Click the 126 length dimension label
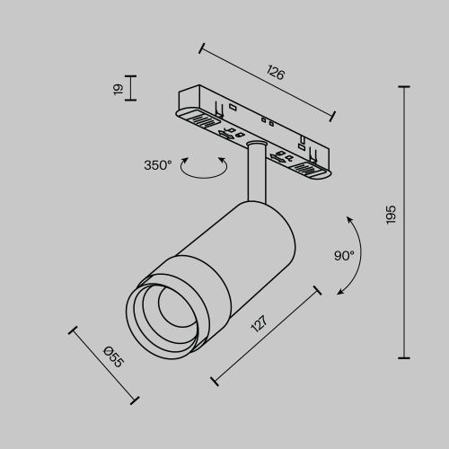pos(277,74)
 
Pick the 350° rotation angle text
pos(157,165)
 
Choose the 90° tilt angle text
pos(344,255)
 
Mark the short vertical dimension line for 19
pos(130,88)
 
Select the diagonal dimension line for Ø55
pos(103,365)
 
